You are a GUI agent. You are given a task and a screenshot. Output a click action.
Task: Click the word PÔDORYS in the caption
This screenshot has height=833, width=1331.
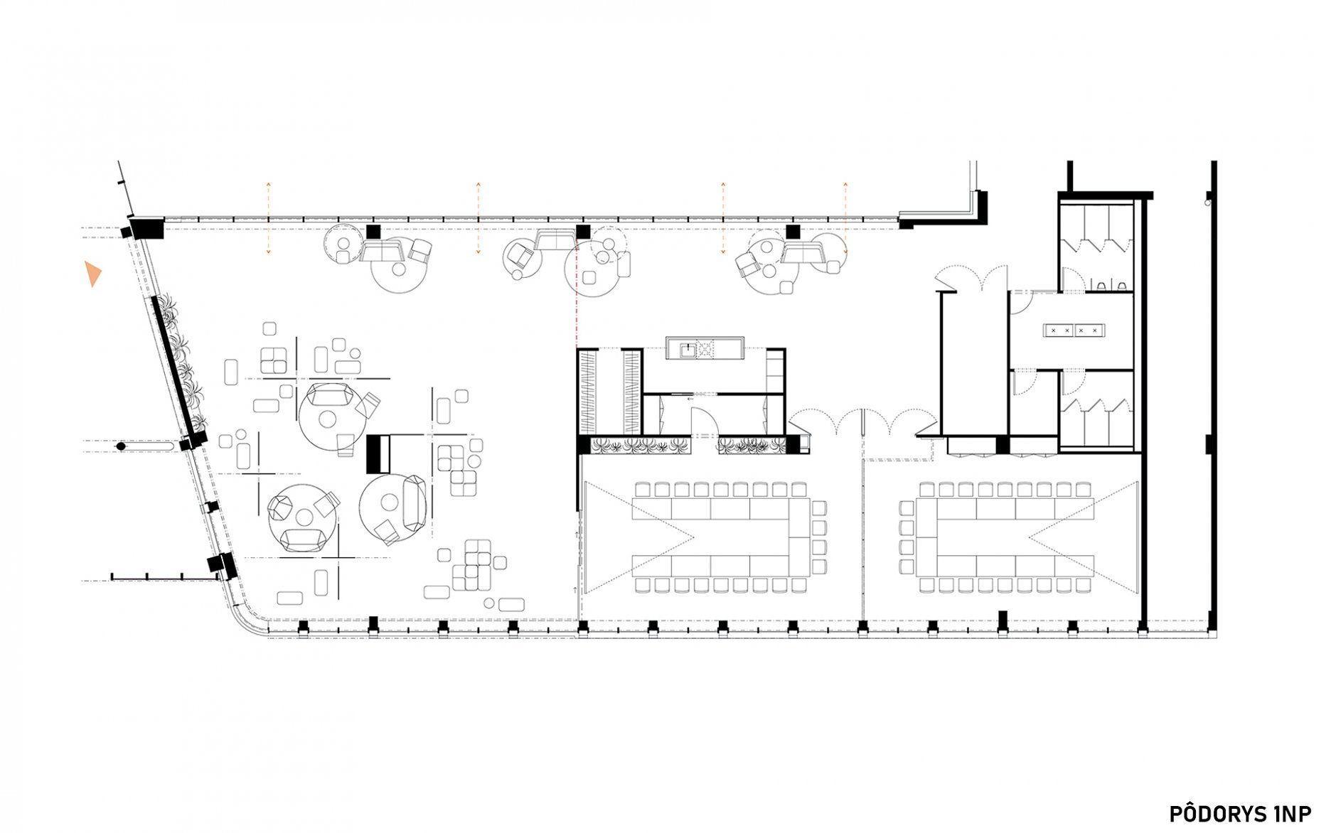1219,813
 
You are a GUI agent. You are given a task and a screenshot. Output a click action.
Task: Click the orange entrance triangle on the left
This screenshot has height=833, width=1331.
92,274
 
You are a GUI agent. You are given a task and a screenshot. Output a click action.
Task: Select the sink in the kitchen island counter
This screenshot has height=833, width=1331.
688,349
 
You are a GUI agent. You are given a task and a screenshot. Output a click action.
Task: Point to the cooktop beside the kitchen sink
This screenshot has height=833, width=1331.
706,349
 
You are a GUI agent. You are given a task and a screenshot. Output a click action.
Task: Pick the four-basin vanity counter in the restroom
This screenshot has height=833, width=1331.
1074,330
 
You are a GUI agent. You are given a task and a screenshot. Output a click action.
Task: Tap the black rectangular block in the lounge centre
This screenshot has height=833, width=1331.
378,454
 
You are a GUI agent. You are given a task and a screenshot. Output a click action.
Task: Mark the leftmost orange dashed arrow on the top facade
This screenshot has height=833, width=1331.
268,217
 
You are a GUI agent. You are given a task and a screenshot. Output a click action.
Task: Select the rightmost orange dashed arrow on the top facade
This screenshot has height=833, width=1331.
845,217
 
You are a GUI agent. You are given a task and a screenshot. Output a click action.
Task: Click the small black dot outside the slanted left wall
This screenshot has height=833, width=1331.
121,446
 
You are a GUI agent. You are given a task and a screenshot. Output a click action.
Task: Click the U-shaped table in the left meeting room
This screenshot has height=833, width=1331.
721,537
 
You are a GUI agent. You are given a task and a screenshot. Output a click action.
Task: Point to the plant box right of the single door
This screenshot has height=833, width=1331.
752,446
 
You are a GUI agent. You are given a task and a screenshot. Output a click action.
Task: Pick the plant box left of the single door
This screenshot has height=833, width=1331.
641,446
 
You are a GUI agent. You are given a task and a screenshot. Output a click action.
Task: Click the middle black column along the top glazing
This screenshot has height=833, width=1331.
583,232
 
